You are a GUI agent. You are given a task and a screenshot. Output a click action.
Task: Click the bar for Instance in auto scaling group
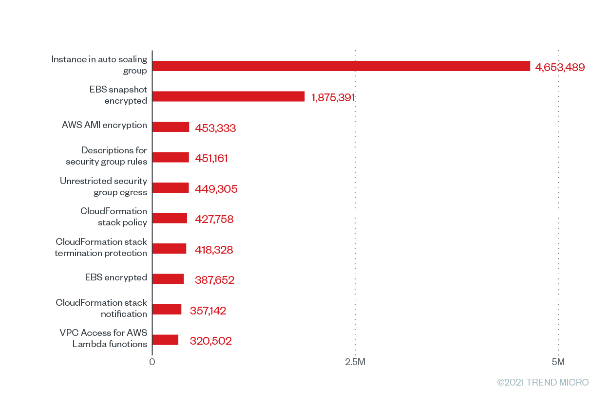tap(341, 66)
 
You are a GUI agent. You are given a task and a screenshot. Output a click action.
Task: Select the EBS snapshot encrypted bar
tap(228, 96)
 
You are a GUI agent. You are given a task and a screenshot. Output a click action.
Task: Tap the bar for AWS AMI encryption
tap(171, 127)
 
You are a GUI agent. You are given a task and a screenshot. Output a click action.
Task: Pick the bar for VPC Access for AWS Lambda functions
tap(165, 340)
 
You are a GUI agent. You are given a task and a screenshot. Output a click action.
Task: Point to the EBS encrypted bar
tap(168, 279)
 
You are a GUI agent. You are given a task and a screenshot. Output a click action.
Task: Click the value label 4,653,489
tap(560, 67)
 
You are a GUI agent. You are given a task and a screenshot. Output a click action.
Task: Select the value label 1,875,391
tap(333, 98)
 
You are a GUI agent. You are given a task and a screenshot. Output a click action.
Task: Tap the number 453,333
tap(215, 129)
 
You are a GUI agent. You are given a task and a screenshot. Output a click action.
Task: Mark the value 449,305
tap(216, 189)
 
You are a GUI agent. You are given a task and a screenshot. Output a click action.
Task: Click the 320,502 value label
tap(210, 341)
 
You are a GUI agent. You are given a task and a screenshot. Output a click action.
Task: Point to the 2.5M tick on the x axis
tap(355, 362)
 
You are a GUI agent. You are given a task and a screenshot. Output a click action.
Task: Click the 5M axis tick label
tap(558, 362)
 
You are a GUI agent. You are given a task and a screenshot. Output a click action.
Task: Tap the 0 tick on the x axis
tap(152, 362)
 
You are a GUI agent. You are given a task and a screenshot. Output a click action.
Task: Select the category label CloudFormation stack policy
tap(114, 217)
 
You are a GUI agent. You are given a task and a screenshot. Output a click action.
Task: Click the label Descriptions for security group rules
tap(106, 156)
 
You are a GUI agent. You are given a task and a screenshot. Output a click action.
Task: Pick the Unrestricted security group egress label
tap(103, 186)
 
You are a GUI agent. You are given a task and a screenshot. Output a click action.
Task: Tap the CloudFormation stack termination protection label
tap(101, 247)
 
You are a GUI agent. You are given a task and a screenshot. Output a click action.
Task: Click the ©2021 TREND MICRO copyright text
tap(543, 382)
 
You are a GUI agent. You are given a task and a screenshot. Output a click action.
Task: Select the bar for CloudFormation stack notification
tap(167, 310)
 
